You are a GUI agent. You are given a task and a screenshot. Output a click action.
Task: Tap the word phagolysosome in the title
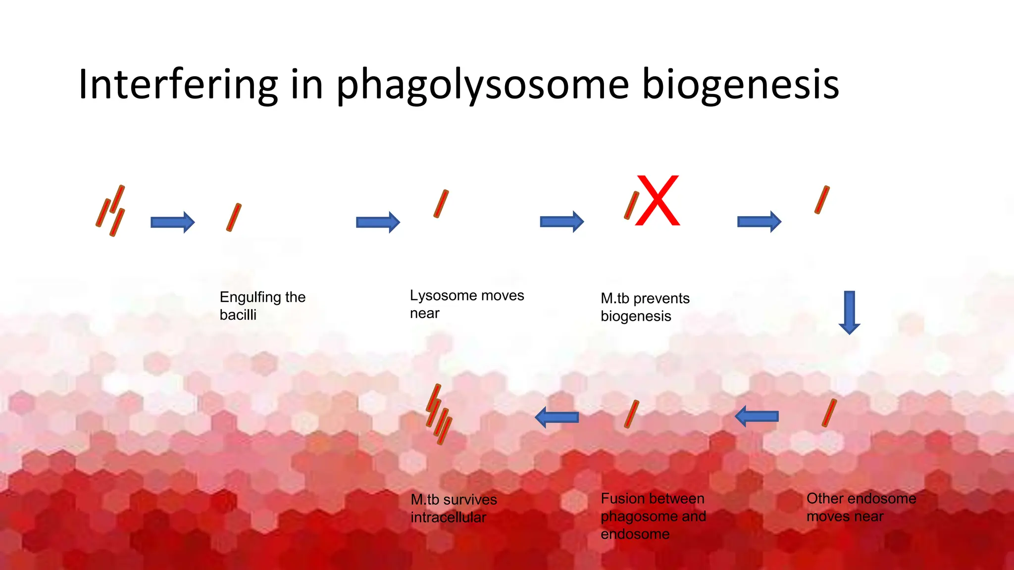click(483, 85)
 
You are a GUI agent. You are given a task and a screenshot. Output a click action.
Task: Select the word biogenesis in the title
click(740, 85)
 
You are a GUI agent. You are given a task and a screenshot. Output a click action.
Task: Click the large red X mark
click(658, 201)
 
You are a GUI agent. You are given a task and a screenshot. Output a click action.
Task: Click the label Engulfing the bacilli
click(262, 306)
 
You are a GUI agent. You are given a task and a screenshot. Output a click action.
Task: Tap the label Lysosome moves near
click(466, 304)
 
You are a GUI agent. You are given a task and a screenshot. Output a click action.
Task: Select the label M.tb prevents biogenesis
click(645, 307)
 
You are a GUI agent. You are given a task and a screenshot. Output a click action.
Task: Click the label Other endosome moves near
click(861, 507)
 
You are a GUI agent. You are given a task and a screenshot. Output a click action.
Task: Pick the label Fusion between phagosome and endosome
click(653, 516)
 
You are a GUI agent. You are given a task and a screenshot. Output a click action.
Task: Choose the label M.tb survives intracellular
click(454, 508)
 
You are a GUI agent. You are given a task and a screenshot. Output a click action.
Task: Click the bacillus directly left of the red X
click(632, 205)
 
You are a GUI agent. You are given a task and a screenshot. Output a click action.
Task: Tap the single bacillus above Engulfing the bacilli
click(234, 217)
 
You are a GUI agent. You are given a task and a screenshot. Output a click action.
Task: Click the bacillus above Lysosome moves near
click(441, 204)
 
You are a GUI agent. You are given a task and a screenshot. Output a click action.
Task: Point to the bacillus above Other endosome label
click(829, 413)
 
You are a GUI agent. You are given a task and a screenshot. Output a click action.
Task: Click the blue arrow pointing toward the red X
click(561, 221)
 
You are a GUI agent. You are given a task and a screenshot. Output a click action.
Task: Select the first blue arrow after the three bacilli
click(172, 222)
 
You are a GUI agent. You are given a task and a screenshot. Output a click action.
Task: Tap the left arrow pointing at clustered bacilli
click(557, 417)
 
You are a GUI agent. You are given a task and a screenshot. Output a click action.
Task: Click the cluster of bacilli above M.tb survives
click(439, 415)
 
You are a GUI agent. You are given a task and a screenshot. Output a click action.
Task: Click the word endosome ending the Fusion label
click(635, 534)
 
